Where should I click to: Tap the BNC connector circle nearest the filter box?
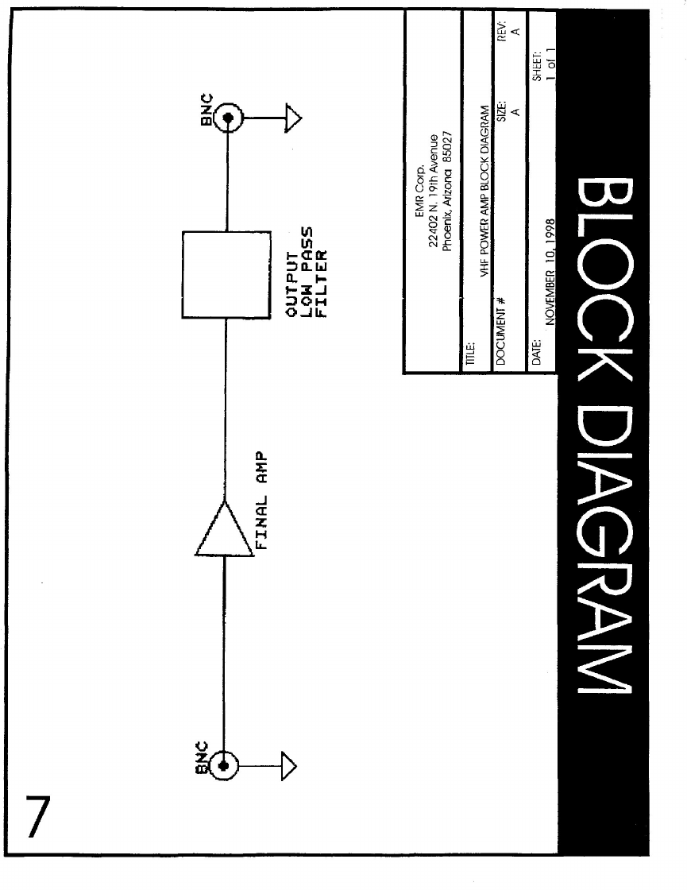click(228, 119)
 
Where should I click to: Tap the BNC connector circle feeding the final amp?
click(225, 765)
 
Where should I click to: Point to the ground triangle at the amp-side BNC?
click(288, 765)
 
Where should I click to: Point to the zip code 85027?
click(446, 143)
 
